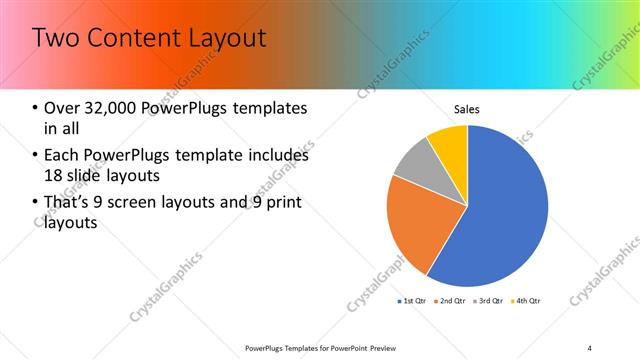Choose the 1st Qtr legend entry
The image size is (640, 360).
coord(413,300)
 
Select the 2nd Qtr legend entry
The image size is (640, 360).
coord(451,300)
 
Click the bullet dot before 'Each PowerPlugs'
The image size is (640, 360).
coord(36,156)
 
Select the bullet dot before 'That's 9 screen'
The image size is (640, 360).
coord(36,204)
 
